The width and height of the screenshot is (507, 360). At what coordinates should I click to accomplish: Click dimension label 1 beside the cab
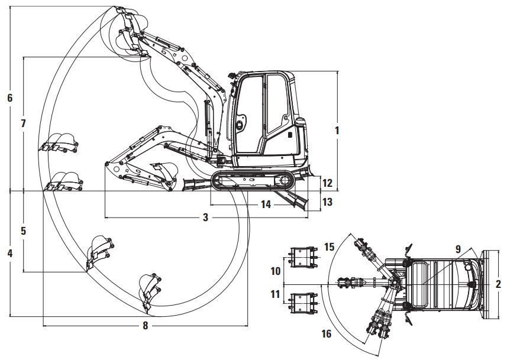pyautogui.click(x=337, y=131)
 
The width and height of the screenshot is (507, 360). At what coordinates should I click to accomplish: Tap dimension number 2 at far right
pyautogui.click(x=498, y=284)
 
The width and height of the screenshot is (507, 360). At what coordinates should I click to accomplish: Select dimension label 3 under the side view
pyautogui.click(x=206, y=218)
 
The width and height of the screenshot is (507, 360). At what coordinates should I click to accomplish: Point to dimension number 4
pyautogui.click(x=10, y=254)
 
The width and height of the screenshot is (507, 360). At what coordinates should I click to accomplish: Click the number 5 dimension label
pyautogui.click(x=23, y=231)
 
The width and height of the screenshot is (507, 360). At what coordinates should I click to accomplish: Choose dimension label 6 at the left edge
pyautogui.click(x=10, y=98)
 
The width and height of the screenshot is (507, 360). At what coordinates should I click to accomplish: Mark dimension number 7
pyautogui.click(x=23, y=124)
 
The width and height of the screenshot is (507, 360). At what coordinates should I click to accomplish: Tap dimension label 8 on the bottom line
pyautogui.click(x=146, y=326)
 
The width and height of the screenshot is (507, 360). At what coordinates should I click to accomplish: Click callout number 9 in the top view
pyautogui.click(x=458, y=249)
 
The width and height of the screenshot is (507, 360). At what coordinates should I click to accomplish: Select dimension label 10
pyautogui.click(x=276, y=271)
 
